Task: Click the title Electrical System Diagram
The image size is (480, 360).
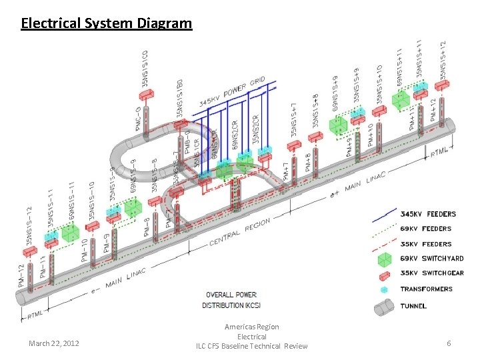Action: tap(107, 24)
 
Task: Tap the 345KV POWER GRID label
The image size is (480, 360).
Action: tap(233, 93)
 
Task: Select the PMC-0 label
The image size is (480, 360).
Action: tap(137, 119)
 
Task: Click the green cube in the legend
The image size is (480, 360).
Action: tap(383, 259)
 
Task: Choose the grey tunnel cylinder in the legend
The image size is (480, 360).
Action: tap(383, 307)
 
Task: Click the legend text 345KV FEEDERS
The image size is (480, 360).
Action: tap(427, 214)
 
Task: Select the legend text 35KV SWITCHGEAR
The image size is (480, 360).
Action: tap(431, 273)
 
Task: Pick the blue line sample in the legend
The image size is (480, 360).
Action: tap(383, 215)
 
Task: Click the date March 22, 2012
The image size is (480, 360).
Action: tap(54, 343)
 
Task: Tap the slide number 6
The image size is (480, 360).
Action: tap(449, 343)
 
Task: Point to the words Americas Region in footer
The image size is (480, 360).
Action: tap(252, 327)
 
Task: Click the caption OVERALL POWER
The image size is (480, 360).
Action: tap(231, 295)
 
